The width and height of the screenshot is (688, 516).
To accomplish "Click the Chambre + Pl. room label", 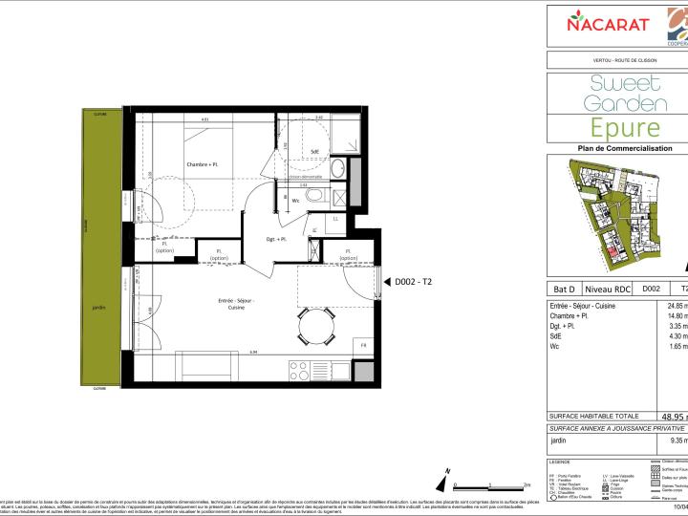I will point(204,164).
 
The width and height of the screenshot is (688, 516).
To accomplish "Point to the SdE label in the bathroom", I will point(314,151).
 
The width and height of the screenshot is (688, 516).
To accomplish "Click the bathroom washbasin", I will point(336,166).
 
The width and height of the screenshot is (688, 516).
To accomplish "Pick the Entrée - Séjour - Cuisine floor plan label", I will point(235,304).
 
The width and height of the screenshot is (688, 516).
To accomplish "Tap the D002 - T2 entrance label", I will point(414,281).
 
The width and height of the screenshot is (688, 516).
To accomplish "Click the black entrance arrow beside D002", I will point(385,281).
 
